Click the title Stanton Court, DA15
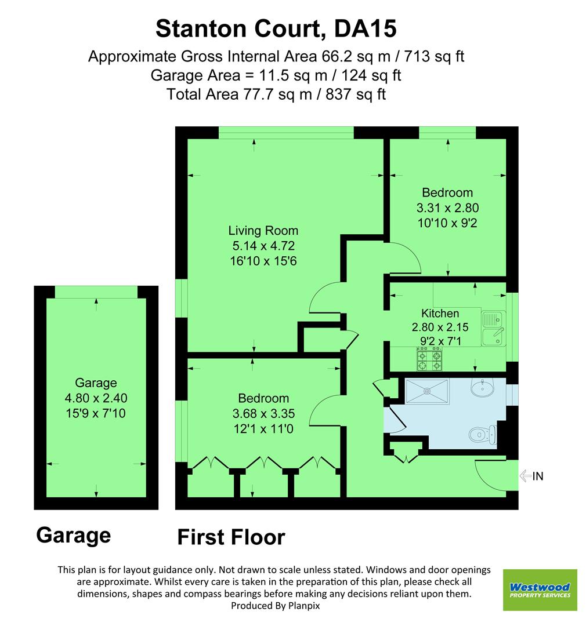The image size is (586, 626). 276,28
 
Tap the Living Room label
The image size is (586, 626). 255,230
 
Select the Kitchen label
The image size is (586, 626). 440,314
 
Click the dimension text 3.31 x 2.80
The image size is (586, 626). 447,208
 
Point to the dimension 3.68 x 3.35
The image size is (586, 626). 263,413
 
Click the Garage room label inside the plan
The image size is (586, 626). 96,383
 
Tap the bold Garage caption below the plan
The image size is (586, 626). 73,534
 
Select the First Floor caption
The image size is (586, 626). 231,537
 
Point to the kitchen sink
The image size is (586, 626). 494,327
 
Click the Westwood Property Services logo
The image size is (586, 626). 540,589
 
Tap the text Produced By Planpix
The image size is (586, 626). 276,605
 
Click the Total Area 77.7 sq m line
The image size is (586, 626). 276,94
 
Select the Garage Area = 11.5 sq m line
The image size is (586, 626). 276,75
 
